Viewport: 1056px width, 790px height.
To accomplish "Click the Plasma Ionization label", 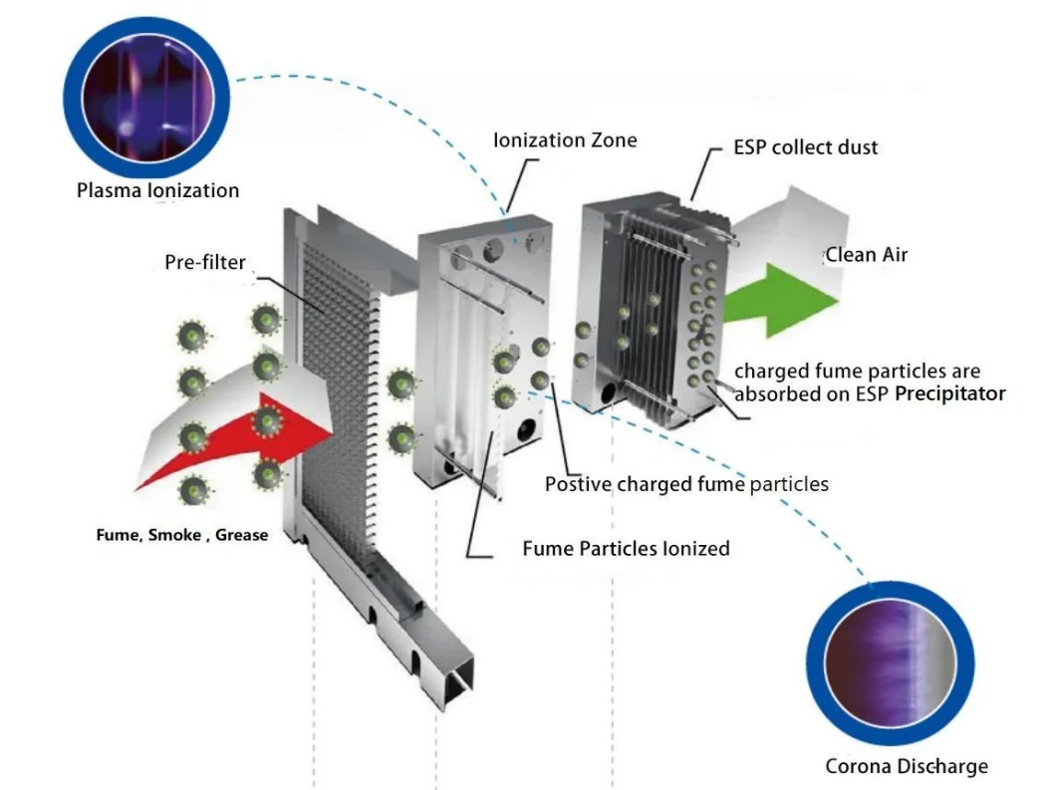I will point(157,189).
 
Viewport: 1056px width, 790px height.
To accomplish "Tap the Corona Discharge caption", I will point(907,766).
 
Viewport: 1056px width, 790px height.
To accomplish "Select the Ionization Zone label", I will point(565,140).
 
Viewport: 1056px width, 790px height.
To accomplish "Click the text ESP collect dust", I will point(806,147).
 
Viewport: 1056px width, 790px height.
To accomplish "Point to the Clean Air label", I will point(866,255).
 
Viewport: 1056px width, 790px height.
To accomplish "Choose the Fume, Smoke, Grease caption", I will point(182,535).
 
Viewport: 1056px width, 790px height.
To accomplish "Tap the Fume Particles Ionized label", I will point(626,549).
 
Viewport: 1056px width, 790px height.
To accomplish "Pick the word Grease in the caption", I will point(242,535).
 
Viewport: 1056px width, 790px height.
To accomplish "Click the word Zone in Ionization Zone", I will point(614,140).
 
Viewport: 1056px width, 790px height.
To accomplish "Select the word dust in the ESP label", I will point(859,147).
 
